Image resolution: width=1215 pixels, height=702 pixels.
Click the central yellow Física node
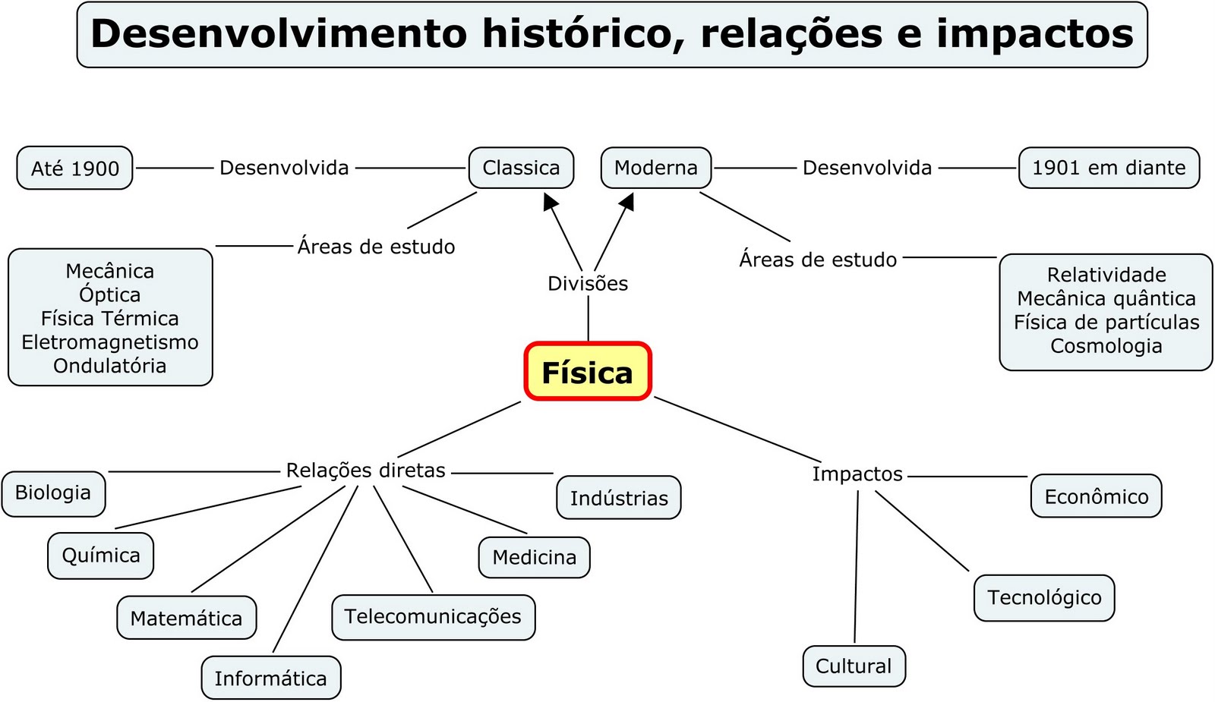(587, 372)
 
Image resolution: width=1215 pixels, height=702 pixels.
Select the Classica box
(521, 168)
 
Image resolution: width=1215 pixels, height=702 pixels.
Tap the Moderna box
(655, 168)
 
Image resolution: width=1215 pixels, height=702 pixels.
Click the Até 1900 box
(74, 168)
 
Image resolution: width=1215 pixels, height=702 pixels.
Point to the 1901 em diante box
(1108, 168)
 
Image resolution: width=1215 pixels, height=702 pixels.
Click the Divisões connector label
(588, 283)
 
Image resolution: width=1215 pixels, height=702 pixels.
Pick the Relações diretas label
(365, 471)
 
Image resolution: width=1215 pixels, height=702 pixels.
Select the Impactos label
(857, 474)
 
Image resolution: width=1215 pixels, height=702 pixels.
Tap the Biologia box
(53, 493)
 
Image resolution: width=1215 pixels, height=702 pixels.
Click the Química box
(101, 556)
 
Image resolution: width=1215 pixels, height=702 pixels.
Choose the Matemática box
(186, 618)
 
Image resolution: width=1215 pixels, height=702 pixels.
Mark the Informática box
(270, 678)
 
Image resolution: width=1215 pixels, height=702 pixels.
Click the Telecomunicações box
(433, 616)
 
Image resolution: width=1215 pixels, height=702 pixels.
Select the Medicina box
(534, 557)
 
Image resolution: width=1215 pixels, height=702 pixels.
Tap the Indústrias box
(619, 498)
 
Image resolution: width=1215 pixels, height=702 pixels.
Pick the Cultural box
(854, 666)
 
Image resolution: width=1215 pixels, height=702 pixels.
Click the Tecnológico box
(1044, 597)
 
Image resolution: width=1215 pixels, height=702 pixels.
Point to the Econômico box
(1096, 496)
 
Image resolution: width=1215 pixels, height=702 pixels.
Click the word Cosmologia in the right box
(1106, 346)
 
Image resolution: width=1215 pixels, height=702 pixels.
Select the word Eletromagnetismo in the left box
(110, 342)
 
